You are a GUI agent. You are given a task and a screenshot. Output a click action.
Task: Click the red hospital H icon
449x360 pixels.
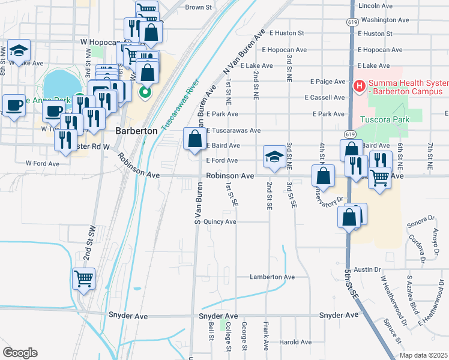359,87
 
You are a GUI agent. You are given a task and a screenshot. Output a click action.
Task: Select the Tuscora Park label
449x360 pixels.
384,119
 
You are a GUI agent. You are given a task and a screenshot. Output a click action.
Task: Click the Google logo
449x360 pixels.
19,352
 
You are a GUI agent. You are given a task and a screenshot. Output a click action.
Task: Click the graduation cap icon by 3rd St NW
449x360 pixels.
19,51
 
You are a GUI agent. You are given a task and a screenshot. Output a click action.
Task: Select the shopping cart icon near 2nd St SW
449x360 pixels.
83,278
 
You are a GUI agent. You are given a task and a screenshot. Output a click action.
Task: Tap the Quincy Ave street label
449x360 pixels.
220,221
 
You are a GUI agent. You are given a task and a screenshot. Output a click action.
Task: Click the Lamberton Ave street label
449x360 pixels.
273,277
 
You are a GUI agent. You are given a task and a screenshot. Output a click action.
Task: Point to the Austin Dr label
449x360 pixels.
368,270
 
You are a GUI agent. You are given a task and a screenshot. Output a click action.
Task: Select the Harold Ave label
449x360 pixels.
295,343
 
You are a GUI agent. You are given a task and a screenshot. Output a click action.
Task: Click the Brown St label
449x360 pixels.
199,7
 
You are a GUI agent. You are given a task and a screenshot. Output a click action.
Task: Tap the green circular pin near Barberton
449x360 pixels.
144,92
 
